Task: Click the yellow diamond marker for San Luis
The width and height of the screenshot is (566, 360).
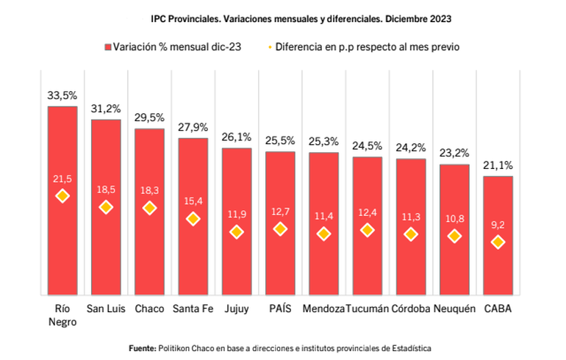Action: click(106, 207)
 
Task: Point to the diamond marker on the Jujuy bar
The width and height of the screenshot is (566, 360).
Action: click(237, 231)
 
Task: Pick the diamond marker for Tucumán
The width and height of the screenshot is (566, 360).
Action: click(367, 230)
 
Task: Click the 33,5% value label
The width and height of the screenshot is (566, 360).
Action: click(62, 96)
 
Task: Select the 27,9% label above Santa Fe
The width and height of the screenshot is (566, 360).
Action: click(193, 128)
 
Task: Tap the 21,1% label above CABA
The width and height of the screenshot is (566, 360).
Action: click(498, 166)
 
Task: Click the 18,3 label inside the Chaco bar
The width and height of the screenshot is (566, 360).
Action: click(149, 190)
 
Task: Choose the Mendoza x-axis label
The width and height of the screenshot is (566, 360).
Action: click(323, 309)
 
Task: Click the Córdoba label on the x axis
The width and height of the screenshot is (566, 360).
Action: click(411, 309)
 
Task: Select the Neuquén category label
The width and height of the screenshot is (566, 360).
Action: click(454, 309)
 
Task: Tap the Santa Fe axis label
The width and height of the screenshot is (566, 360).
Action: click(193, 309)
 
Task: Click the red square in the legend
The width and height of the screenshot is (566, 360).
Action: click(107, 47)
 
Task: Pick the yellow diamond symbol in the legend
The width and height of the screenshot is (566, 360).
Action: click(271, 47)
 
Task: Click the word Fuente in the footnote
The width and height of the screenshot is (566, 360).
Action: click(143, 347)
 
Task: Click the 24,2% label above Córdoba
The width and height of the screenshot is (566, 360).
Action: click(411, 148)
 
